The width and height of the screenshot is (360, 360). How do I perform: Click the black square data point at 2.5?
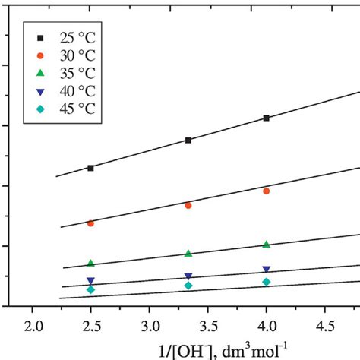coord(90,168)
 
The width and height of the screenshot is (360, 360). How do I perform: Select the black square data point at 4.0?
coord(267,118)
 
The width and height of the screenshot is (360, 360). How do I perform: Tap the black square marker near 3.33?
coord(188,141)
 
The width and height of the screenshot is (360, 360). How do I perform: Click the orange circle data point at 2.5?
coord(90,223)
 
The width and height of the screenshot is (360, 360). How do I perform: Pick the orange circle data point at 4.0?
coord(267,191)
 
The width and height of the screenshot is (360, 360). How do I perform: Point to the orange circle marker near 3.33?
coord(188,205)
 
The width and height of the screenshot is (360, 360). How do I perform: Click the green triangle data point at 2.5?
coord(90,264)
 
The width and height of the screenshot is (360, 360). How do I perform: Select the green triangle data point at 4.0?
coord(267,245)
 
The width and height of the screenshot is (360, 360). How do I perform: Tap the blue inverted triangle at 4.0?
coord(267,270)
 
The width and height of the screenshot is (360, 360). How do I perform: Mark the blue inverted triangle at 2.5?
coord(90,281)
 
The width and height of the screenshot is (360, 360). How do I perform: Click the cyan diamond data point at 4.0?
coord(267,282)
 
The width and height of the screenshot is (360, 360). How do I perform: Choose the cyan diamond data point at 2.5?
coord(90,289)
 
